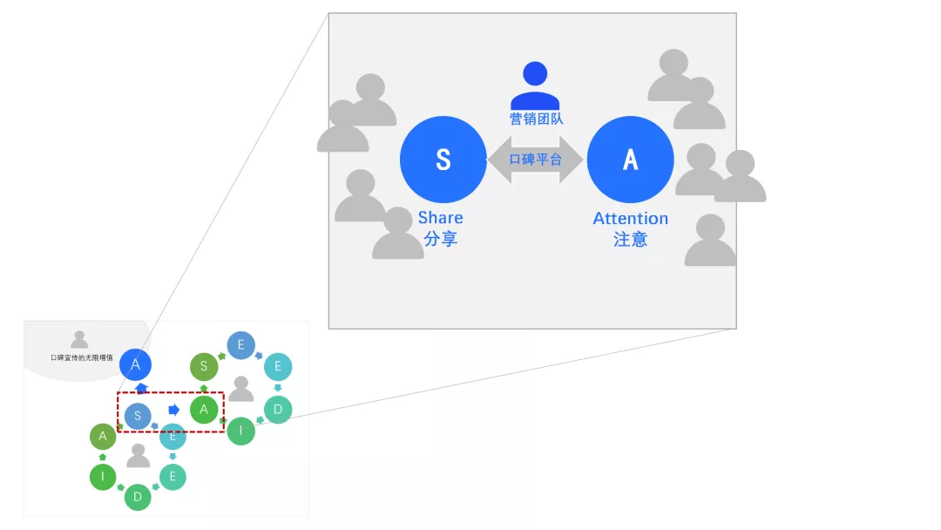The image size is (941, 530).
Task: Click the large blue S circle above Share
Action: click(x=443, y=159)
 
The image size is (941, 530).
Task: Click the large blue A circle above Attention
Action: click(x=630, y=159)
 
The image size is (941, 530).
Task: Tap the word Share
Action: click(x=441, y=217)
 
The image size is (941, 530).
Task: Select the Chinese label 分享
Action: click(x=441, y=239)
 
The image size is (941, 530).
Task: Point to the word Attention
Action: click(x=630, y=218)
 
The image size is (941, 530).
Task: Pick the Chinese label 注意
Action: click(x=630, y=240)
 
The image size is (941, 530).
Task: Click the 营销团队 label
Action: click(x=536, y=119)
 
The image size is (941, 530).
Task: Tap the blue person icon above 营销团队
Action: click(x=535, y=85)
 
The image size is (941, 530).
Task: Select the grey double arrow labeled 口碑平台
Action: click(x=535, y=159)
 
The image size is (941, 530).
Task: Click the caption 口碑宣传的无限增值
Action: click(x=82, y=357)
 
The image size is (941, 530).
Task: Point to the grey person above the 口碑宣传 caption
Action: click(x=79, y=339)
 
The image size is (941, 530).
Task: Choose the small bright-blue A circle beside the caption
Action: click(x=135, y=364)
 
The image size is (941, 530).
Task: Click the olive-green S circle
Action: click(x=204, y=366)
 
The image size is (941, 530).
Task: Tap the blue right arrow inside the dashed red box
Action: click(x=174, y=410)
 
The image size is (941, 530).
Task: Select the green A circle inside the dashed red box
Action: click(x=204, y=410)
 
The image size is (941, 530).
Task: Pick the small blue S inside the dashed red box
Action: click(x=138, y=415)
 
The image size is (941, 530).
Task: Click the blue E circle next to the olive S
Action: click(x=241, y=345)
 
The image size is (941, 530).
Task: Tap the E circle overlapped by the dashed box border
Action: click(x=173, y=437)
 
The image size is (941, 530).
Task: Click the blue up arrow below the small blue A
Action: click(x=141, y=388)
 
